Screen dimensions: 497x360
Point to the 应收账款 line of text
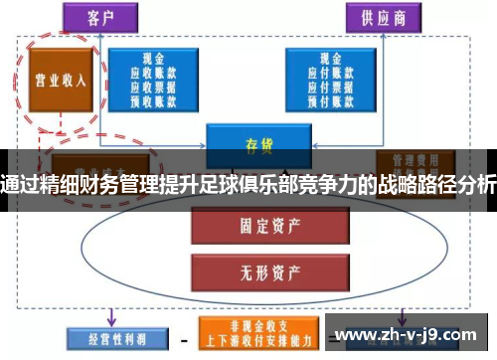click(153, 73)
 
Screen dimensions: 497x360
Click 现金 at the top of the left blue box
click(153, 60)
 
